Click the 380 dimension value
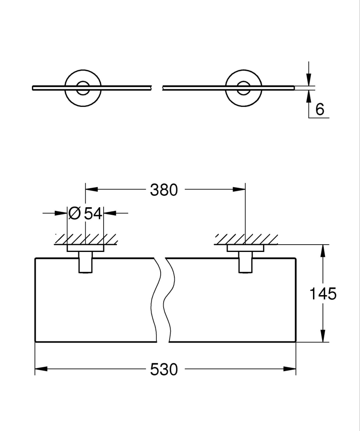click(164, 190)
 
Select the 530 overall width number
click(164, 369)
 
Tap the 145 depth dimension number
click(323, 294)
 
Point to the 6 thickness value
click(319, 110)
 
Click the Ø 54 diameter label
click(85, 213)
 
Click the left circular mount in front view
click(83, 88)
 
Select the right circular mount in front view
click(243, 88)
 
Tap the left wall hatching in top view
click(85, 239)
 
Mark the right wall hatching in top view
click(245, 239)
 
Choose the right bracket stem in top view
click(245, 263)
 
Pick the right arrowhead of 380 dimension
click(239, 189)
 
